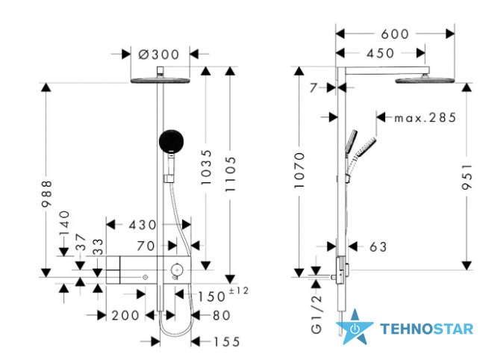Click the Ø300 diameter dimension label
point(159,55)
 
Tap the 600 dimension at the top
point(395,34)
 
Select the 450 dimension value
point(381,53)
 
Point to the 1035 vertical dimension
point(206,167)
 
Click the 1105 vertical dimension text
point(231,174)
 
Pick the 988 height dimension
point(46,193)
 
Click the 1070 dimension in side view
point(299,170)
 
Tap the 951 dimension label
point(467,176)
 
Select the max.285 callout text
point(425,117)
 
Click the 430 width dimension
point(143,225)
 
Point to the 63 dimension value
point(378,246)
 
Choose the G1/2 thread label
point(317,314)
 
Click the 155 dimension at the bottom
point(227,341)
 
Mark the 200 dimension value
point(125,315)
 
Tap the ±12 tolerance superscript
point(239,291)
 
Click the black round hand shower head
point(171,141)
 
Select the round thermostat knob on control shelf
point(177,270)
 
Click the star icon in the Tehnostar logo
point(355,327)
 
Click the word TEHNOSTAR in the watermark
point(426,329)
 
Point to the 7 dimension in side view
point(314,88)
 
